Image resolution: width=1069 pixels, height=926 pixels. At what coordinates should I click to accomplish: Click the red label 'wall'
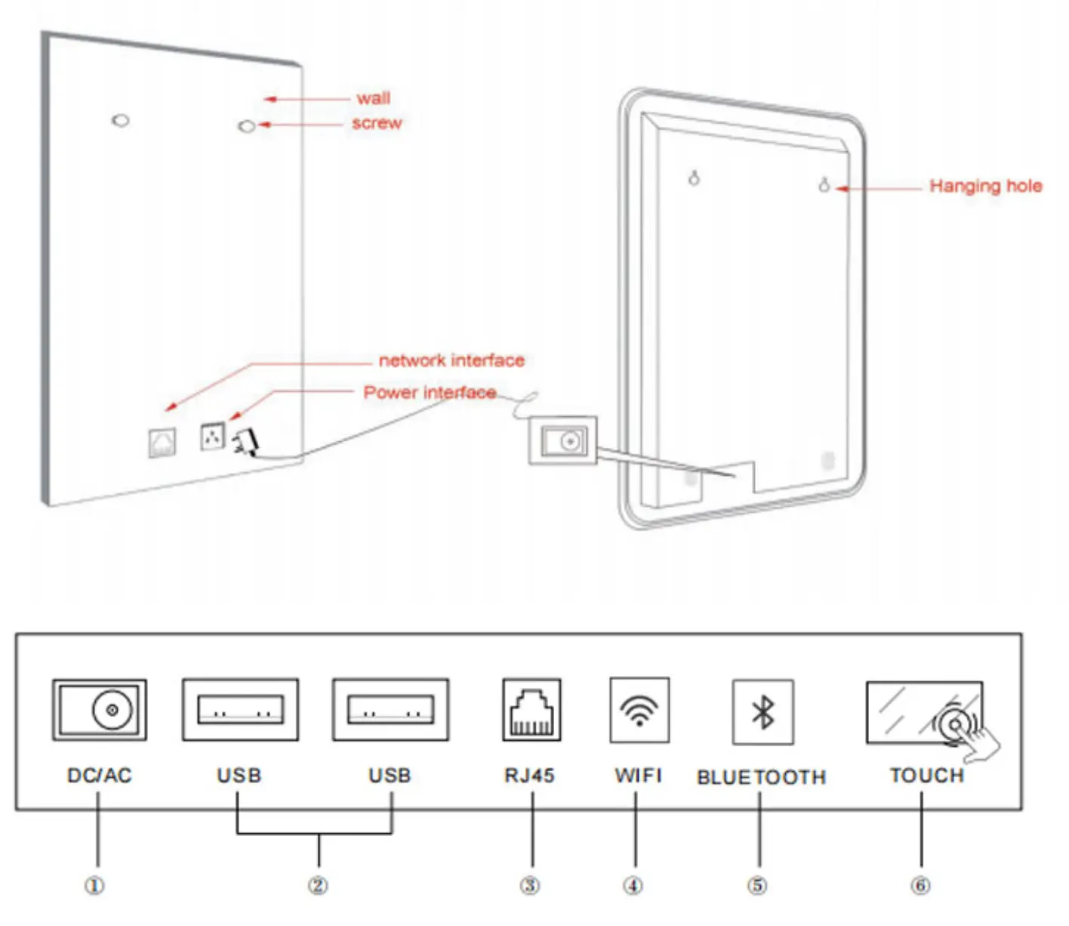click(373, 98)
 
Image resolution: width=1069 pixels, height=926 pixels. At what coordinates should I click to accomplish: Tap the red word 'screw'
click(377, 123)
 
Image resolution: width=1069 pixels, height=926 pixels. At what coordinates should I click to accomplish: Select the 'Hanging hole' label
click(985, 187)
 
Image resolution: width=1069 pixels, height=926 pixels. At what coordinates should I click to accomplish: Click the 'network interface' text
click(451, 361)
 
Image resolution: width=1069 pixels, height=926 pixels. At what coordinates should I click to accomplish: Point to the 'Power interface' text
click(430, 393)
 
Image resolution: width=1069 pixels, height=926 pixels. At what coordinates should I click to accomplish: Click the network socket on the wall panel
click(162, 443)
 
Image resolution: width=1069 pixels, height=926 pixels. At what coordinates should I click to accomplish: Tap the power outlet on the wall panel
click(212, 436)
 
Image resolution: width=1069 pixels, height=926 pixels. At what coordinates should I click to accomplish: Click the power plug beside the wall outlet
click(246, 441)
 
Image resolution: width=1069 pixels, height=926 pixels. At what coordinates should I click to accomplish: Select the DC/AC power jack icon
click(99, 710)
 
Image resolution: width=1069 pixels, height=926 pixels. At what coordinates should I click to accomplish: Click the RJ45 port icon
click(531, 709)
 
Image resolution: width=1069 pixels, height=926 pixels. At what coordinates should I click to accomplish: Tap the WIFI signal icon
click(639, 710)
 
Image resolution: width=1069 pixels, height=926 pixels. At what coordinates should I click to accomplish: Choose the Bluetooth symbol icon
click(762, 711)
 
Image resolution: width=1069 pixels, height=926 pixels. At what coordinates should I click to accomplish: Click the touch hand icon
click(966, 728)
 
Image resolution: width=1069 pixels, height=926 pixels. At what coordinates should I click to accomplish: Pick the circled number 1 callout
click(94, 885)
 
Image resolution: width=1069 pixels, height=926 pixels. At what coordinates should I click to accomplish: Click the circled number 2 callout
click(318, 885)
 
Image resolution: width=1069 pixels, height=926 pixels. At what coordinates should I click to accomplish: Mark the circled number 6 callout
click(920, 885)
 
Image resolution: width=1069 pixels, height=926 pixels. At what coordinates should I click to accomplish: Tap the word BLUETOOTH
click(761, 777)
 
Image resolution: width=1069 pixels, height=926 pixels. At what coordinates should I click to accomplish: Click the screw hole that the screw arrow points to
click(246, 126)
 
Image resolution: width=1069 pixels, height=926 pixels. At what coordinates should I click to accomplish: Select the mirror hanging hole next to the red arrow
click(824, 184)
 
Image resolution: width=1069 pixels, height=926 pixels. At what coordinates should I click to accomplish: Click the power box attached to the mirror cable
click(562, 440)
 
